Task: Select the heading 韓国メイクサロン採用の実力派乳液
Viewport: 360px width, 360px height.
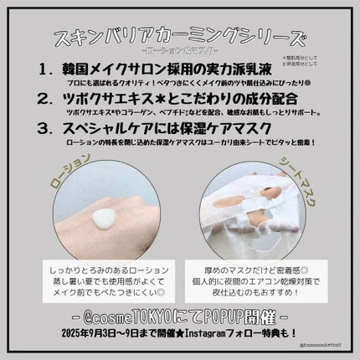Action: coord(180,72)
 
